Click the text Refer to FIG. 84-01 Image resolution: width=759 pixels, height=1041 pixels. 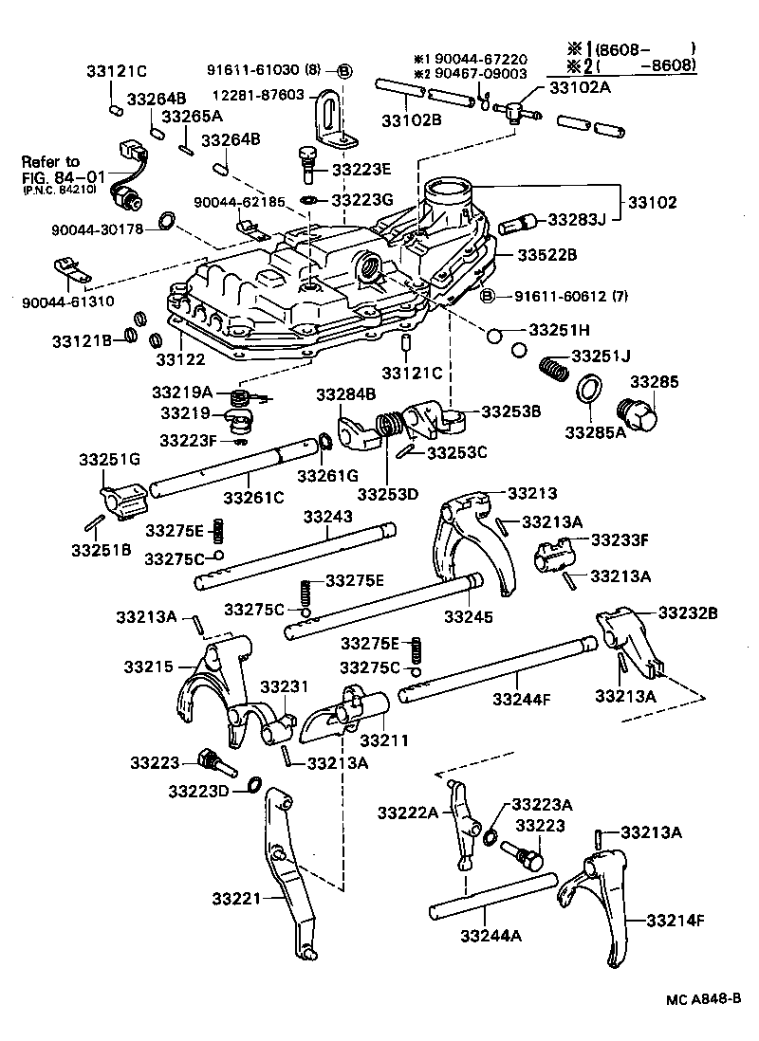coord(51,171)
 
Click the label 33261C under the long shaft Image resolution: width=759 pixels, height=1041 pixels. coord(254,497)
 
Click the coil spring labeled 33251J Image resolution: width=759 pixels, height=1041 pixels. coord(555,365)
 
